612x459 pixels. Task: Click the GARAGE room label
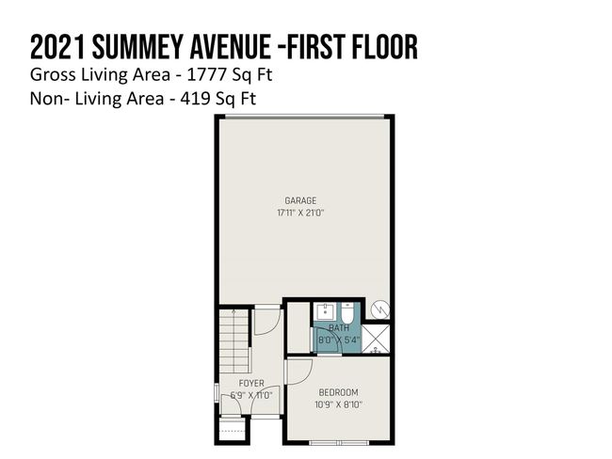coord(300,200)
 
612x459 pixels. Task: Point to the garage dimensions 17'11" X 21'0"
coord(300,213)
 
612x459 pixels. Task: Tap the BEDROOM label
coord(338,392)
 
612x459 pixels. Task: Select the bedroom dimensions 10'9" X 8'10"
coord(338,404)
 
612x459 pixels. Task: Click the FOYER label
coord(251,384)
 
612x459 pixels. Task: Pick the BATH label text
coord(339,328)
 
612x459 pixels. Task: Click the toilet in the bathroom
coord(347,313)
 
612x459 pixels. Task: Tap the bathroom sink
coord(325,310)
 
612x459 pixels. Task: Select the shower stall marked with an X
coord(376,340)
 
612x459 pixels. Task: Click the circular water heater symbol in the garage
coord(379,310)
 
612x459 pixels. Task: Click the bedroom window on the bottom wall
coord(339,443)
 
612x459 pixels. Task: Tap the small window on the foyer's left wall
coord(217,393)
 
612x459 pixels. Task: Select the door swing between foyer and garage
coord(267,322)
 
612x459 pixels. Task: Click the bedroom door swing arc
coord(299,372)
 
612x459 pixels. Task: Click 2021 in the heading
coord(57,47)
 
